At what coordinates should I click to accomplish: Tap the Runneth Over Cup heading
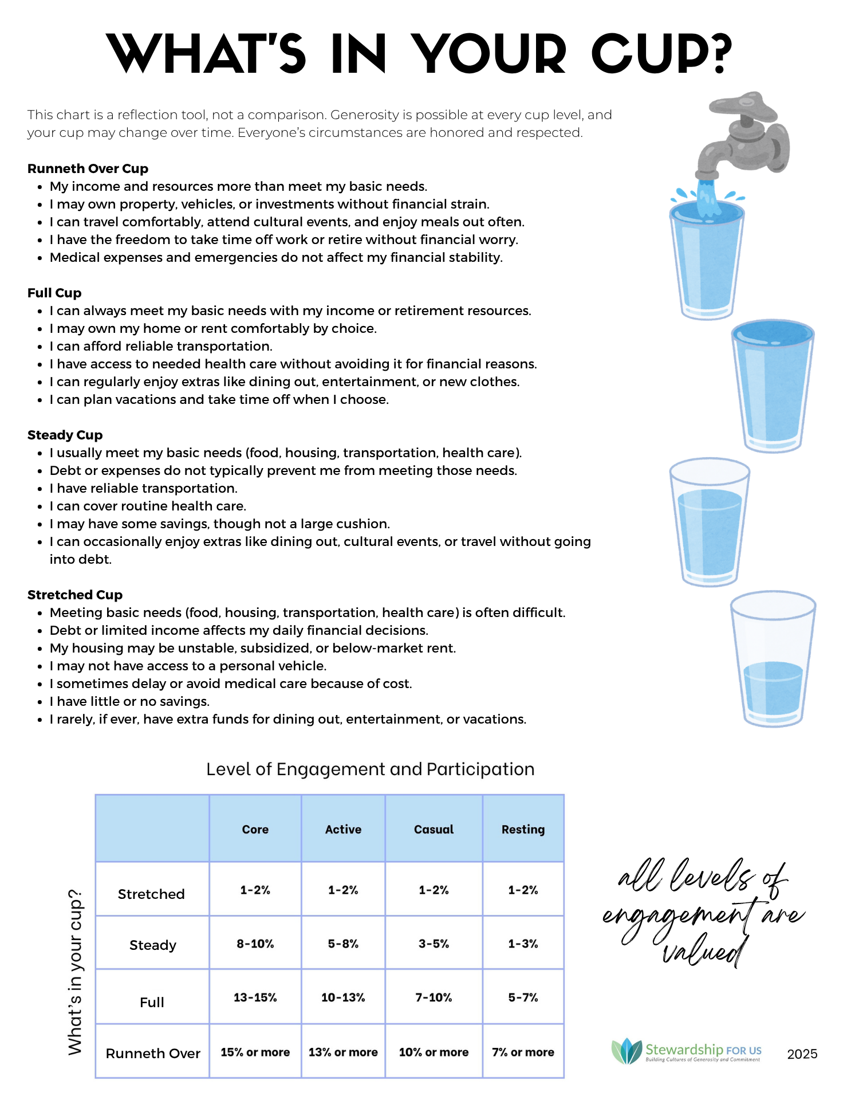click(88, 168)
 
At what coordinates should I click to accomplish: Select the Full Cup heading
click(54, 293)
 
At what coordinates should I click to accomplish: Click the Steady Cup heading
click(65, 435)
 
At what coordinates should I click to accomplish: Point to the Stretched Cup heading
click(75, 595)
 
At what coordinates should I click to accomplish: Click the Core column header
click(255, 829)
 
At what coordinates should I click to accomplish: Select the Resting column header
click(523, 829)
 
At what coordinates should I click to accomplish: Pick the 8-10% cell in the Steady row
click(255, 944)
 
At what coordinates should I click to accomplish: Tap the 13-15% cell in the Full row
click(255, 997)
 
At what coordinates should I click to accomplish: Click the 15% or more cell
click(255, 1052)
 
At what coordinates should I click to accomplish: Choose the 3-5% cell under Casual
click(434, 944)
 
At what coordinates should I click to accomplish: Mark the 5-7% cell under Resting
click(523, 997)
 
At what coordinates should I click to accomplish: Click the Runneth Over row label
click(153, 1053)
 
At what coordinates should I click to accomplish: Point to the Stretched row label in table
click(151, 894)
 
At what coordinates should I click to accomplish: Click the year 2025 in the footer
click(802, 1054)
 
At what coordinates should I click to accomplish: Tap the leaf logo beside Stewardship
click(626, 1051)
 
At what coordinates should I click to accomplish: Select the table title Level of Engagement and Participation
click(370, 769)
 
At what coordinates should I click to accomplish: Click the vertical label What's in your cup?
click(75, 971)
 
